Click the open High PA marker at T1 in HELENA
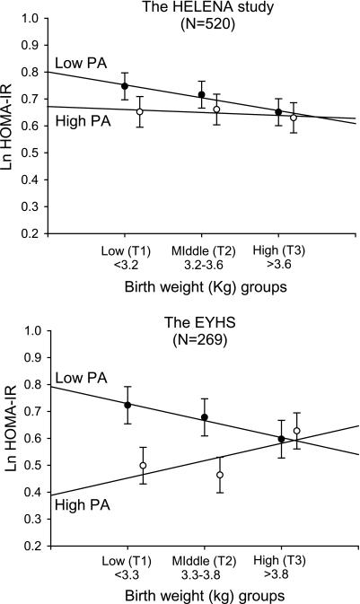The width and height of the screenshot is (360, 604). pos(139,111)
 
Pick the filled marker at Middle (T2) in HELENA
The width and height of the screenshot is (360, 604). pos(202,94)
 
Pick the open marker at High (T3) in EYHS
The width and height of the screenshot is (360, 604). pos(297,431)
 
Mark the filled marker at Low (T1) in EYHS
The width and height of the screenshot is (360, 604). pos(127,405)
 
